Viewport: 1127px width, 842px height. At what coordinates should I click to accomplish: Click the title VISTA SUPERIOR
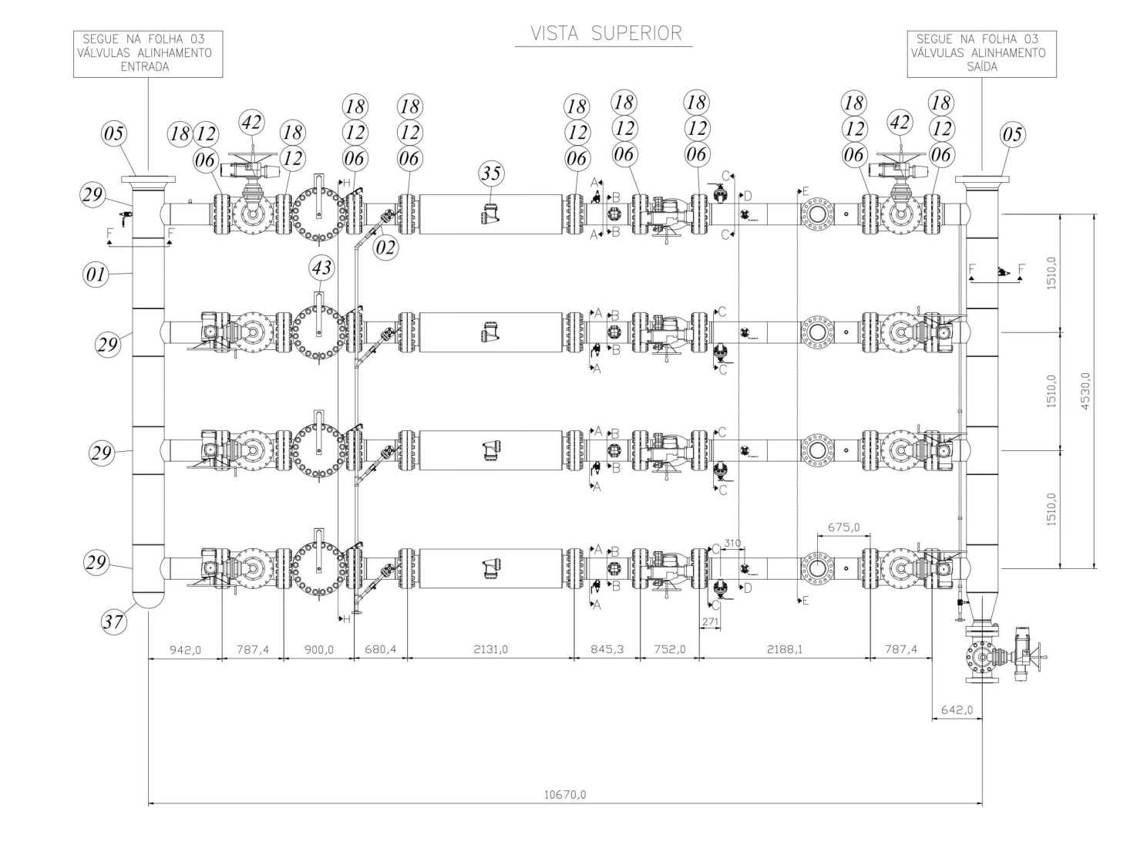tap(606, 33)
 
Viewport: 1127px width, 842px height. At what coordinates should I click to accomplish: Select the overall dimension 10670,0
tap(565, 795)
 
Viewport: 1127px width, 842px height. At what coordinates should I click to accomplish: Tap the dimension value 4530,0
tap(1085, 391)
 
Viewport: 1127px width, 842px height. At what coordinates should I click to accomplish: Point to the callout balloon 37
tap(113, 621)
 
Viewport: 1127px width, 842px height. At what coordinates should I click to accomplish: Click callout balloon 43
tap(322, 268)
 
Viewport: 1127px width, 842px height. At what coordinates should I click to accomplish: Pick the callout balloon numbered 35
tap(491, 173)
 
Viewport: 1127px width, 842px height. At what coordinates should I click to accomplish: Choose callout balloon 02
tap(385, 248)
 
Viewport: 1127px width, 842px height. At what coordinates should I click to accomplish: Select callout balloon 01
tap(96, 274)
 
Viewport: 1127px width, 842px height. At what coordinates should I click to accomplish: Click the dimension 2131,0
tap(490, 649)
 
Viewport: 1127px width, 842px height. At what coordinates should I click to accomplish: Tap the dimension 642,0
tap(957, 709)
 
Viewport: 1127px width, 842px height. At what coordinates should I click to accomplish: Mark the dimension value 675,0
tap(843, 527)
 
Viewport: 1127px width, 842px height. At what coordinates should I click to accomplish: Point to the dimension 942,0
tap(185, 650)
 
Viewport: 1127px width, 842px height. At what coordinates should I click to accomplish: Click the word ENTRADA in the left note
tap(145, 67)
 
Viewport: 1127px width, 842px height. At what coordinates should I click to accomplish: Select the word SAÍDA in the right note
tap(982, 67)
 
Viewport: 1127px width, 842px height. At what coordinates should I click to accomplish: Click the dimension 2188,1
tap(785, 649)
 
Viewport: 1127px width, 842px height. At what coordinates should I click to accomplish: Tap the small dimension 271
tap(710, 621)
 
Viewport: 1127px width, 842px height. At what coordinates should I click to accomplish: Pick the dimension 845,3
tap(607, 649)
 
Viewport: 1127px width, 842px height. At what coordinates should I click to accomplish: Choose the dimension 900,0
tap(319, 650)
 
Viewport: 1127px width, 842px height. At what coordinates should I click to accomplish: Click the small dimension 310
tap(732, 543)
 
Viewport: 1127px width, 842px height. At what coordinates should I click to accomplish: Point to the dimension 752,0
tap(670, 649)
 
